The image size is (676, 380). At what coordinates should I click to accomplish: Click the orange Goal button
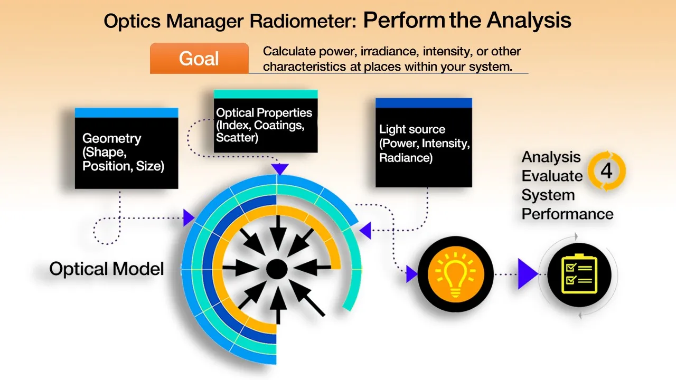pos(199,58)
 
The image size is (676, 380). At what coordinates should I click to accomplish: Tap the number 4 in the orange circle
pos(606,172)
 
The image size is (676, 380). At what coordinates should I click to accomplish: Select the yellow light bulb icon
pos(455,273)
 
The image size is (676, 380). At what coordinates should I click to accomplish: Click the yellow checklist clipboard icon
pos(579,274)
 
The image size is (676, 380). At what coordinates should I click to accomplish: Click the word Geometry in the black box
pos(112,139)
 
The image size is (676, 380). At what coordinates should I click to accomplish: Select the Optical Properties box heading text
pos(264,113)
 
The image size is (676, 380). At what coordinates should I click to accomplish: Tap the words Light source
pos(412,129)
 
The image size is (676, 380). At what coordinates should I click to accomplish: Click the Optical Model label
pos(107,269)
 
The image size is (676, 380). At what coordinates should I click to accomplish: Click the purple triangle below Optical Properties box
pos(279,169)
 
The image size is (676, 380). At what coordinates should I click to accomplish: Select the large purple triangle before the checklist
pos(527,274)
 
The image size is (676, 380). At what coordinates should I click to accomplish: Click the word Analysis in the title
pos(529,21)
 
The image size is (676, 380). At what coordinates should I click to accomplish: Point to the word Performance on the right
pos(567,214)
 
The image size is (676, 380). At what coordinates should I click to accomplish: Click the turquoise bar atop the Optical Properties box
pos(266,94)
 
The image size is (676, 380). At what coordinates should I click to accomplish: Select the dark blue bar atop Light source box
pos(424,103)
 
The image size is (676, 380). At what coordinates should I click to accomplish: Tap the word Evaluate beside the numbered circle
pos(552,176)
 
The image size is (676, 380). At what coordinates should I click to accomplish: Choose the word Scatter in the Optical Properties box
pos(237,138)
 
